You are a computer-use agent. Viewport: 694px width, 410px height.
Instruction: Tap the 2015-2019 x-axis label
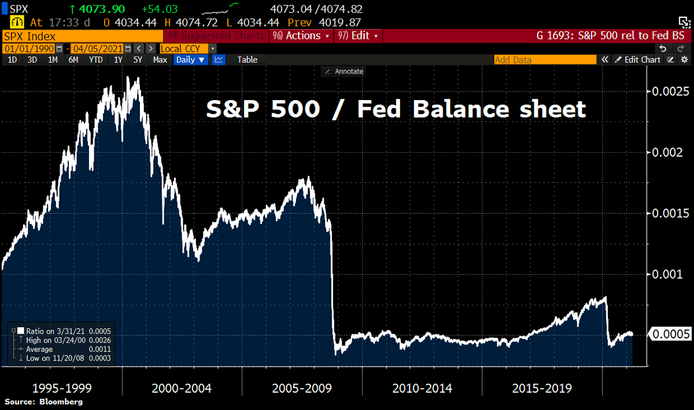542,387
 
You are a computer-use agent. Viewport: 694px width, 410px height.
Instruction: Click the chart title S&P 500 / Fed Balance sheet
396,109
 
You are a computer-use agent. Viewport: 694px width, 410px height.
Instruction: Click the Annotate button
344,71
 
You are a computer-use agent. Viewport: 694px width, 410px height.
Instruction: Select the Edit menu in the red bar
360,36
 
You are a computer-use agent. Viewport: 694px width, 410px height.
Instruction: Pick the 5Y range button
138,60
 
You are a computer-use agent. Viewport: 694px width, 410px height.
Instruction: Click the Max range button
160,60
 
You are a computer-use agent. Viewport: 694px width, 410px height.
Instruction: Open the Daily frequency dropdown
190,60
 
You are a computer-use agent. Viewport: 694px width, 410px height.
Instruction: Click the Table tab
248,60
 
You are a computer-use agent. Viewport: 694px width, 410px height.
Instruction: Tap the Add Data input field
544,60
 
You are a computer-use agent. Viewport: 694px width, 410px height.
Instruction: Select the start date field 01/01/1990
21,49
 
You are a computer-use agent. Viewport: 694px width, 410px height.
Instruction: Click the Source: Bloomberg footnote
44,401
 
